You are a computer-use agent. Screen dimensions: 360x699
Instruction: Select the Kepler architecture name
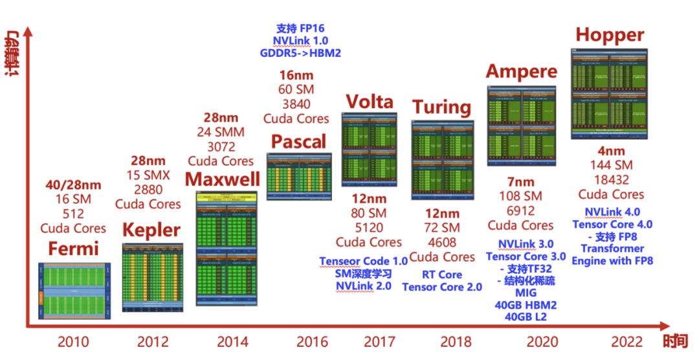(152, 230)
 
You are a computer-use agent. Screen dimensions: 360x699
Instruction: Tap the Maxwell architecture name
(223, 179)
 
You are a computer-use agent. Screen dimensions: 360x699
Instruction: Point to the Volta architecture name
(369, 102)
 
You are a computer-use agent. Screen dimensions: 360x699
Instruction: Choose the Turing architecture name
(441, 106)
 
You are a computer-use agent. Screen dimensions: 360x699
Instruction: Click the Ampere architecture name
(522, 71)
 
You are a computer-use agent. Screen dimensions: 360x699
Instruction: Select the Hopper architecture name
(610, 34)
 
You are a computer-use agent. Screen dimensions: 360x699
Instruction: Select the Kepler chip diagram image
(152, 276)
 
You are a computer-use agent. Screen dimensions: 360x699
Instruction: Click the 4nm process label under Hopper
(610, 149)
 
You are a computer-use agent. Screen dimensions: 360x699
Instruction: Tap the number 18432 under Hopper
(610, 179)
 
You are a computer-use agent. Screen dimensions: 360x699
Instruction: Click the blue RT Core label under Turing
(441, 275)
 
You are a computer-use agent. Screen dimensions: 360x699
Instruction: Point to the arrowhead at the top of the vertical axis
(27, 30)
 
